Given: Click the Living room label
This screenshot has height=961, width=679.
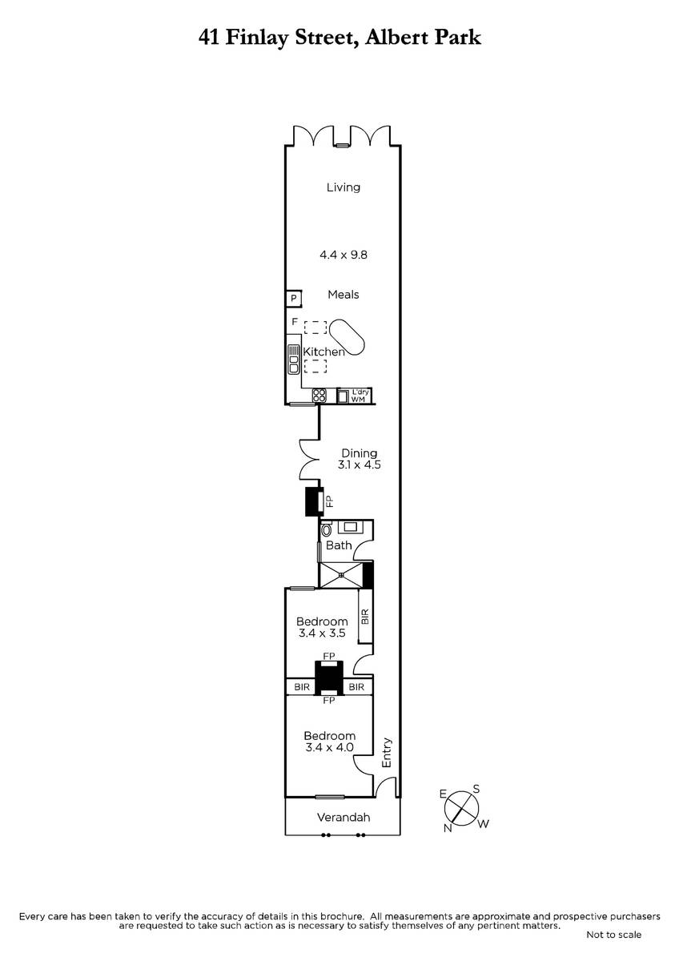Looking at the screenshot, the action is click(x=344, y=187).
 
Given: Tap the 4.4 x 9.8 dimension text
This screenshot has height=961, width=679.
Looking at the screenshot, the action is click(x=344, y=255).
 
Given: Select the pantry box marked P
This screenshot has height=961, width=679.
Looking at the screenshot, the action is click(x=294, y=298).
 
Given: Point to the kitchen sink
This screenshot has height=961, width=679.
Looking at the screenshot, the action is click(x=294, y=359).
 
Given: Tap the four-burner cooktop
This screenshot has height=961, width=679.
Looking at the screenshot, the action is click(x=319, y=395).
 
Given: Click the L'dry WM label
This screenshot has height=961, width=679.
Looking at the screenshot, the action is click(x=359, y=396).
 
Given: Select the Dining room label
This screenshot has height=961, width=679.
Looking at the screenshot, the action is click(x=359, y=453).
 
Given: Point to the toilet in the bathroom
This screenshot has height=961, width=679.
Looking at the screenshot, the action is click(x=327, y=529).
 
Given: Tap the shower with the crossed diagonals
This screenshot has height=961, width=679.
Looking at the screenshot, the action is click(x=341, y=574).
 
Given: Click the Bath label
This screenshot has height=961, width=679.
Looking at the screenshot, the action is click(x=339, y=545).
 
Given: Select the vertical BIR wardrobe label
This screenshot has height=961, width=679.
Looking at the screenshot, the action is click(x=365, y=617).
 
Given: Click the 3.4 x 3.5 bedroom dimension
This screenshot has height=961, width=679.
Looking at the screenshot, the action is click(x=322, y=633).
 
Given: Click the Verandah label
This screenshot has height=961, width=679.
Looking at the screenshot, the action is click(x=344, y=818).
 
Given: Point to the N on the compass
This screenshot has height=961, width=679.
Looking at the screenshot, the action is click(x=448, y=827).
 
